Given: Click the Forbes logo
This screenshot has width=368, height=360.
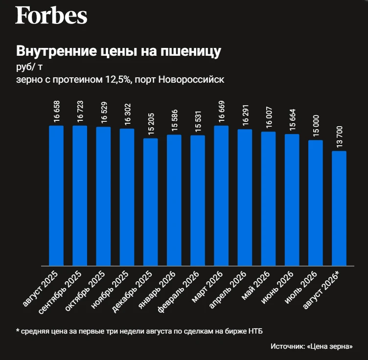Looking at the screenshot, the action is tap(51, 16).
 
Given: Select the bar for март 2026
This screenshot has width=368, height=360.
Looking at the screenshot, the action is tap(221, 196).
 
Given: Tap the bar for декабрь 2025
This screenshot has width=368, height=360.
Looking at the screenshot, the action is tap(150, 202).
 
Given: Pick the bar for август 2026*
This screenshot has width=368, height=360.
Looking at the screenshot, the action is tap(339, 208).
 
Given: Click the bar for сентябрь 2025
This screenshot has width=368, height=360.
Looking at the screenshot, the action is tap(80, 196).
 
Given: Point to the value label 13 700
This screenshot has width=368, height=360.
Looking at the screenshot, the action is tap(339, 137).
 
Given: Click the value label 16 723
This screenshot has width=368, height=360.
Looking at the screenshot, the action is tap(80, 112).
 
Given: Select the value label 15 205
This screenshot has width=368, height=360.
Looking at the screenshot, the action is tap(151, 124).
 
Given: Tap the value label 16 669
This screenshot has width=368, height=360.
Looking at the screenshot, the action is tap(221, 112).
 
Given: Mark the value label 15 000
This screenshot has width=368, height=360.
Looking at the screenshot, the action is tap(316, 126).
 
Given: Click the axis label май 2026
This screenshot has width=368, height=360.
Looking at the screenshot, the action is tap(256, 286).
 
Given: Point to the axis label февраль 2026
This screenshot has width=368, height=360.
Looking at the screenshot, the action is tap(179, 292).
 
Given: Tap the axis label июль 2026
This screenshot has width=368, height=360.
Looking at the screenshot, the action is tap(301, 288).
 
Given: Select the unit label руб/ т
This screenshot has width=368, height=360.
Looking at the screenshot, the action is tap(29, 67).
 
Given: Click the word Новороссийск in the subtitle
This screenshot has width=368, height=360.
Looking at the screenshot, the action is tap(191, 80).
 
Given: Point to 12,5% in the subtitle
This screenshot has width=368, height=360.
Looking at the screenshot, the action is tap(117, 80).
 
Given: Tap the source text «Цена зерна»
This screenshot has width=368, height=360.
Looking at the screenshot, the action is tap(329, 346).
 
